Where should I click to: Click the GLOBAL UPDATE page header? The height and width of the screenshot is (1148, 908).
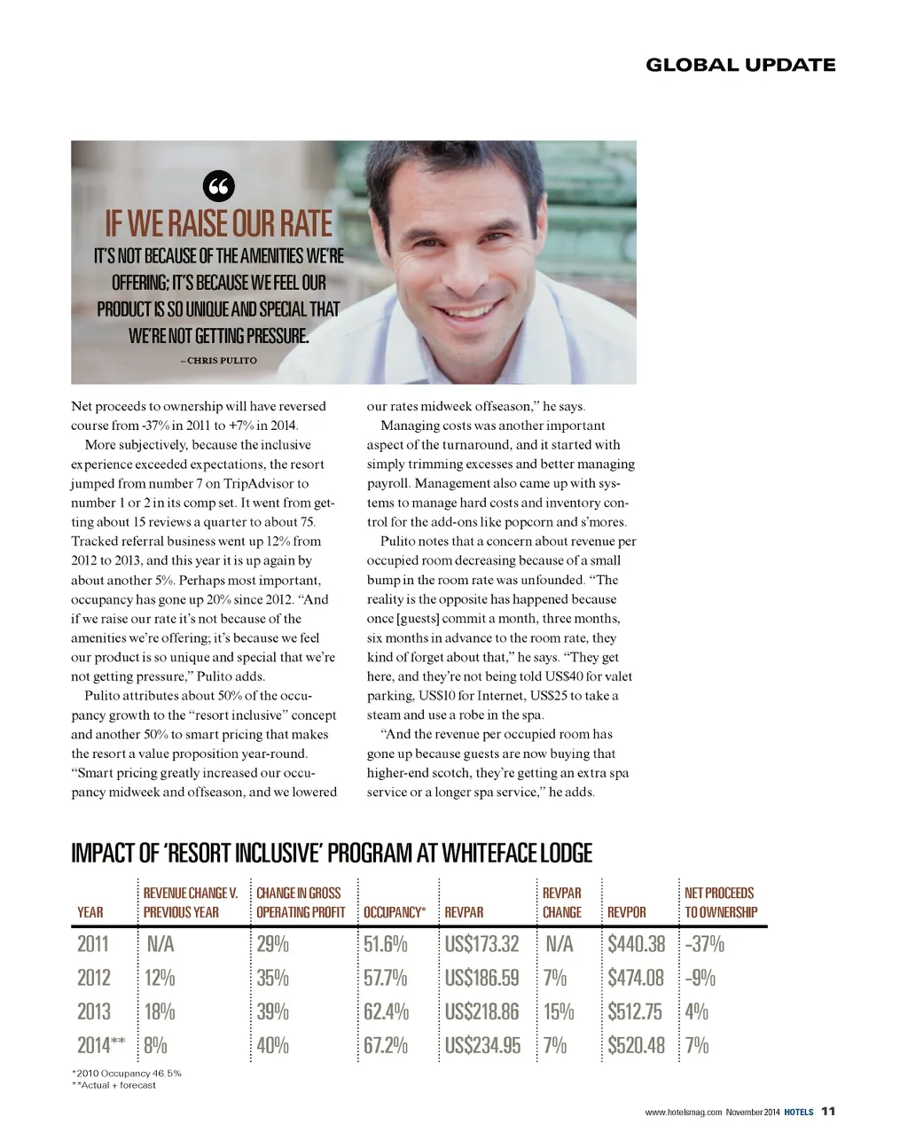(740, 65)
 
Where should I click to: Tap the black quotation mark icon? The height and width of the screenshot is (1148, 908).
(219, 187)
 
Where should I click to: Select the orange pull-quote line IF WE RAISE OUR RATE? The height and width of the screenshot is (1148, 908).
(218, 223)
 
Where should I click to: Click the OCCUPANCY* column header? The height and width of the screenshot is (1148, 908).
(395, 912)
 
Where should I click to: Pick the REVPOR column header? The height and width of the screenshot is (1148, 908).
(626, 912)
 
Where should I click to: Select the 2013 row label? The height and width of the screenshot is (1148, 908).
(94, 1011)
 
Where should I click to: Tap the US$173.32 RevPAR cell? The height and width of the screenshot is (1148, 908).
(481, 944)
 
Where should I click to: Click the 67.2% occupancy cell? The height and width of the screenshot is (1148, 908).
(386, 1045)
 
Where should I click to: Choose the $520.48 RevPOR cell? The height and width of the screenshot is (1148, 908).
(636, 1045)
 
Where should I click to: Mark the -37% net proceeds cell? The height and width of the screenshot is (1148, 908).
(705, 944)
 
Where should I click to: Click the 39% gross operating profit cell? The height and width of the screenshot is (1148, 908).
(273, 1011)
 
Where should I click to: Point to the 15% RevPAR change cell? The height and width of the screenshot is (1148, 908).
(559, 1011)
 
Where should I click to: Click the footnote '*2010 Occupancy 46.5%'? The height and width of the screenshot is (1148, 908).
(126, 1073)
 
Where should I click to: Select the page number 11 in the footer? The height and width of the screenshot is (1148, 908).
(828, 1112)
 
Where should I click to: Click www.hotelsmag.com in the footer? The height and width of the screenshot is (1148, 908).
(684, 1113)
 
